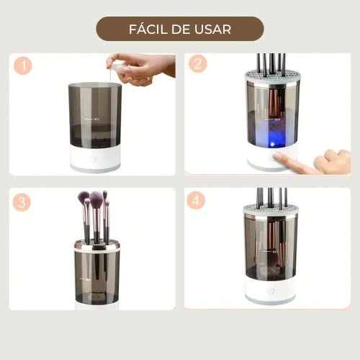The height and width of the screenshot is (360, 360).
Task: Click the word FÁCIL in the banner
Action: click(148, 29)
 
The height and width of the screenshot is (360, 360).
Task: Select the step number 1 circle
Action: click(23, 66)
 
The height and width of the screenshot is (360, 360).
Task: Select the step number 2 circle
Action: click(198, 64)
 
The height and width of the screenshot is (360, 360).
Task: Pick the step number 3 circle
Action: click(22, 202)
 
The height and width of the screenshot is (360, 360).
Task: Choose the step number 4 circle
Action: click(196, 200)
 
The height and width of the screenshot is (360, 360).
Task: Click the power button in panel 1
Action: click(93, 159)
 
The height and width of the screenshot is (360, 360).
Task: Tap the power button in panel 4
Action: click(271, 291)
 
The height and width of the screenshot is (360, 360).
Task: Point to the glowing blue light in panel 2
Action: click(272, 144)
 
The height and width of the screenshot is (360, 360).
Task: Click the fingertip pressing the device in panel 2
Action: click(279, 156)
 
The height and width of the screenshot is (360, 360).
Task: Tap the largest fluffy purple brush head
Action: click(96, 199)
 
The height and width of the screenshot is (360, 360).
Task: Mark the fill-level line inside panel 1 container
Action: click(88, 119)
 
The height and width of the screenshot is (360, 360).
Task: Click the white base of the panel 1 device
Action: click(96, 158)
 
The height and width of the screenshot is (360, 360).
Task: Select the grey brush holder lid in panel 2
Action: click(272, 76)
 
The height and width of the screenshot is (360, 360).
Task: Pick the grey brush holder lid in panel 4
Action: click(271, 210)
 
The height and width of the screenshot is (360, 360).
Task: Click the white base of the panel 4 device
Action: click(271, 290)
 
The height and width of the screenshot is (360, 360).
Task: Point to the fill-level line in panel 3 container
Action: click(84, 279)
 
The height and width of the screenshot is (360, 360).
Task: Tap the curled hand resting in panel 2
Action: click(333, 161)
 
